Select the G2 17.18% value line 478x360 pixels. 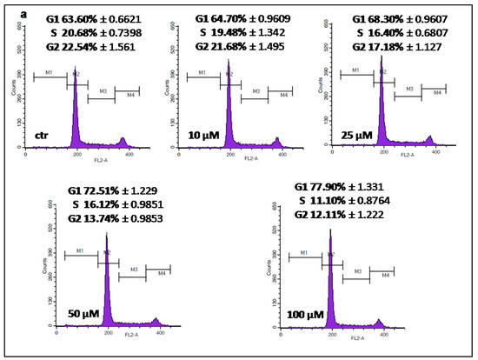pos(388,44)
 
